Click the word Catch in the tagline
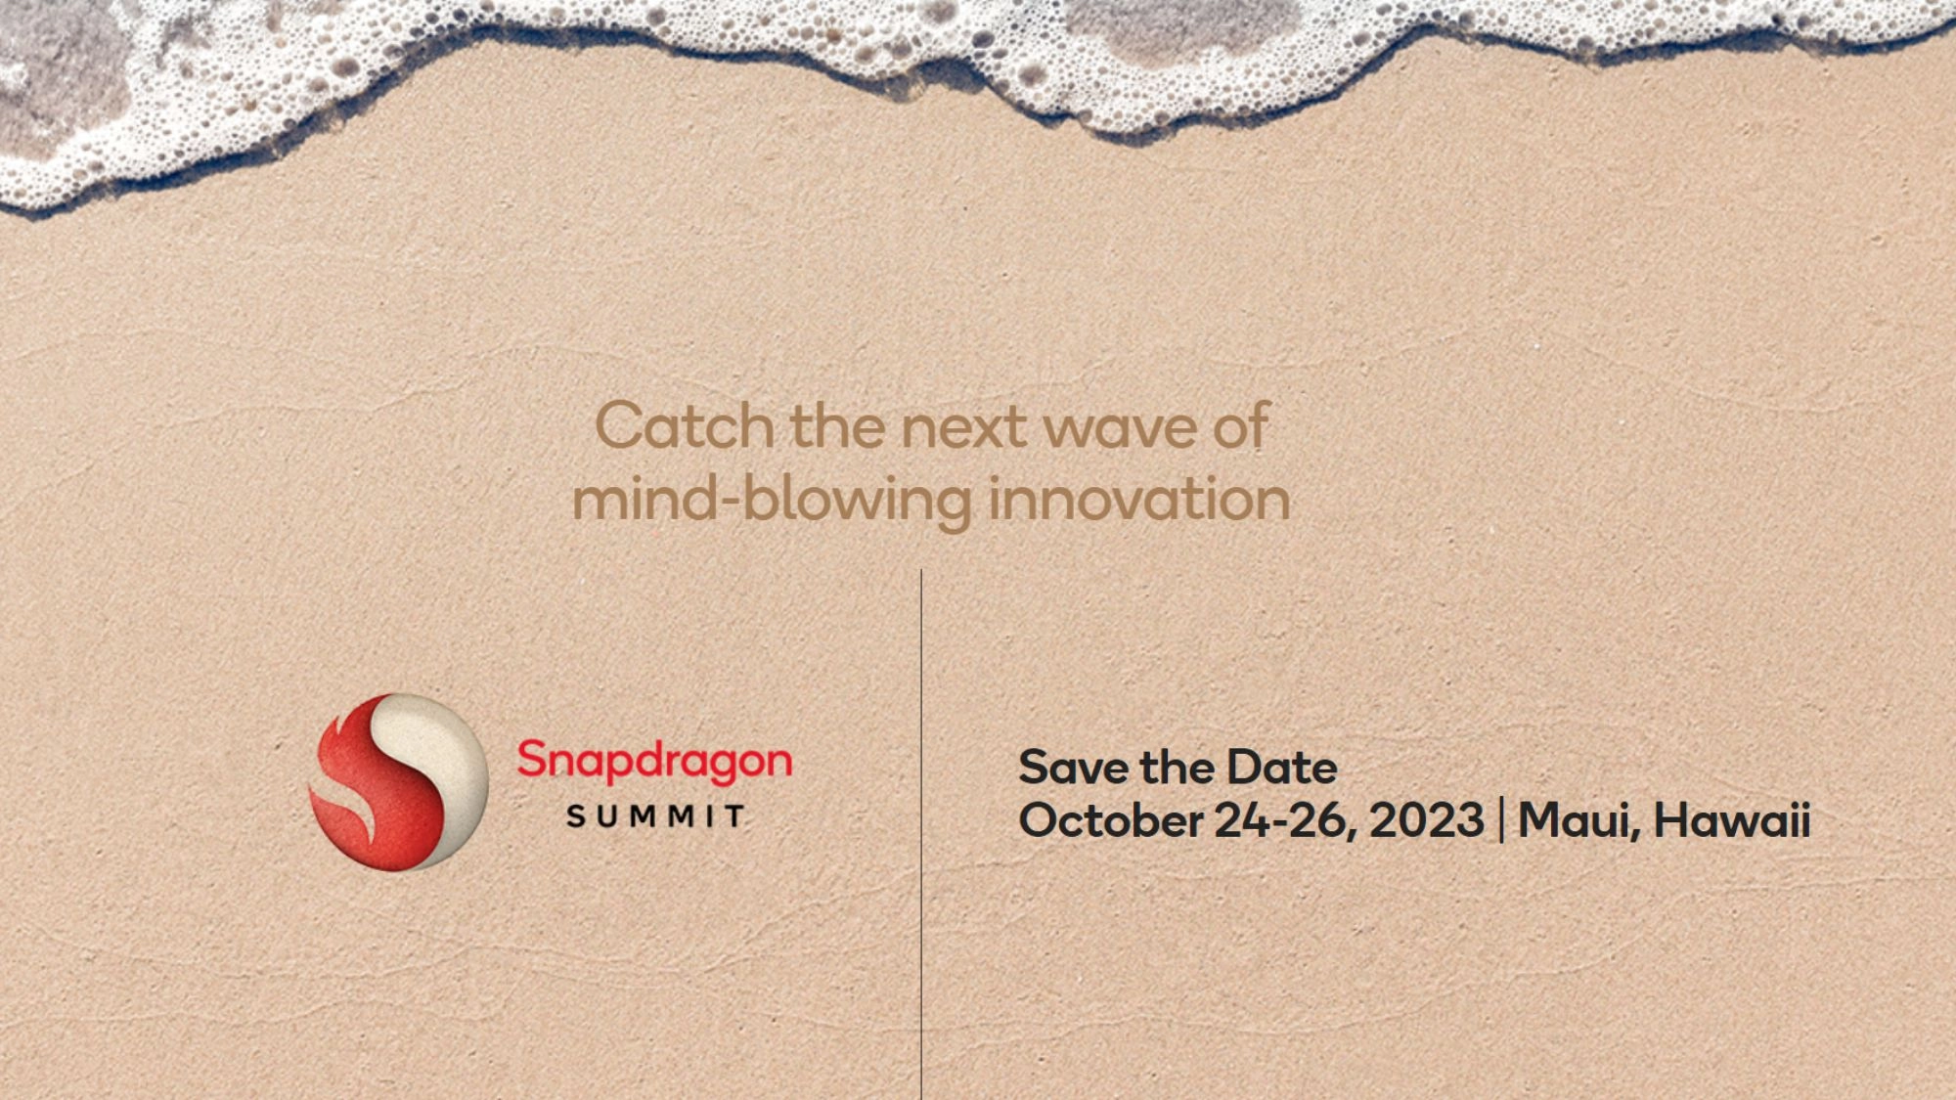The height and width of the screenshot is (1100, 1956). pos(685,426)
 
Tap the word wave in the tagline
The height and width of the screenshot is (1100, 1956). pos(1120,429)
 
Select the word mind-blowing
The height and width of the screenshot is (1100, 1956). pos(772,501)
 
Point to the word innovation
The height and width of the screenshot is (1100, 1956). pos(1139,500)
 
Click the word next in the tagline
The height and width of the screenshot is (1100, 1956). pos(964,429)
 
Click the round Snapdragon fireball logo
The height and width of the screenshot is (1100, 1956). pos(399,782)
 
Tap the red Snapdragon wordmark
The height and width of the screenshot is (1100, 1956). pos(654,762)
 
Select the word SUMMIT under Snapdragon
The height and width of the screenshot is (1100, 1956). pos(656,816)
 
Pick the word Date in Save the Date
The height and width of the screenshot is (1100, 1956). pos(1282,768)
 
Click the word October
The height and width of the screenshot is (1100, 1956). pos(1111,819)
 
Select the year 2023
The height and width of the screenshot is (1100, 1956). pos(1427,820)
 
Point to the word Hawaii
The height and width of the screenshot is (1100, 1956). pos(1732,819)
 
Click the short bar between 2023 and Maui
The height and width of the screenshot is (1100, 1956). pos(1502,820)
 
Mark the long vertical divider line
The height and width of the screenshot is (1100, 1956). pos(921,834)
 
